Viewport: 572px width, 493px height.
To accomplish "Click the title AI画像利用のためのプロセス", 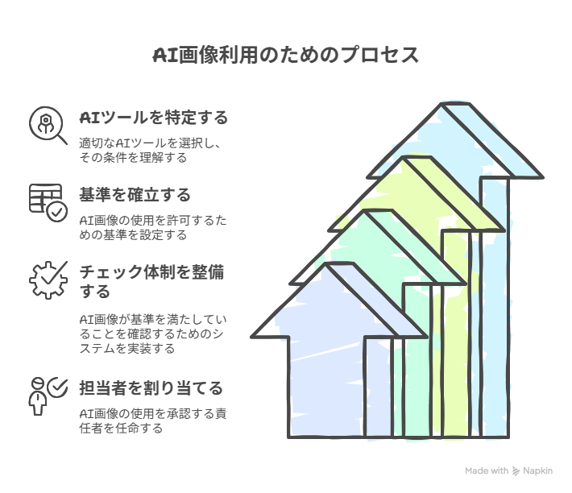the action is (x=286, y=56).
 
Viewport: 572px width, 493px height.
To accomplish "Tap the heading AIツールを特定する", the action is (x=154, y=118).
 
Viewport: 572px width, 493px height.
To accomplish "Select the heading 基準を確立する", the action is (x=135, y=195).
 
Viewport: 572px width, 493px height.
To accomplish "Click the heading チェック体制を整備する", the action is (x=151, y=281).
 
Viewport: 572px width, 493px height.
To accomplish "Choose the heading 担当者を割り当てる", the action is (x=151, y=388).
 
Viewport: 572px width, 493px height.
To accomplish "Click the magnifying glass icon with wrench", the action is (x=48, y=126).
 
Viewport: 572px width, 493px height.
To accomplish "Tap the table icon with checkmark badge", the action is (x=48, y=202).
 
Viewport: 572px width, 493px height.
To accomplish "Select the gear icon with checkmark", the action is (x=48, y=280).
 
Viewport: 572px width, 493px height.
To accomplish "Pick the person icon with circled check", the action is (x=48, y=396).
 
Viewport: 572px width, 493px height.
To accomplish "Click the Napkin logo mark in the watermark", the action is (x=516, y=471).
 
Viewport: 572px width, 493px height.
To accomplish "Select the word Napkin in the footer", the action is (x=537, y=470).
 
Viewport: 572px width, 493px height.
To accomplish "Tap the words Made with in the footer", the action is (x=487, y=470).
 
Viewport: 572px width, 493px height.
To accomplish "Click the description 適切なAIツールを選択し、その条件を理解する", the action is (x=150, y=150).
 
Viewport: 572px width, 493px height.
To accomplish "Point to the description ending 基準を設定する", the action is (x=153, y=227).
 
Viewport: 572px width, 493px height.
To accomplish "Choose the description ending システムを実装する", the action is (x=153, y=334).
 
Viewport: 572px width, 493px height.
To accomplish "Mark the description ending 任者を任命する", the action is (x=153, y=420).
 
